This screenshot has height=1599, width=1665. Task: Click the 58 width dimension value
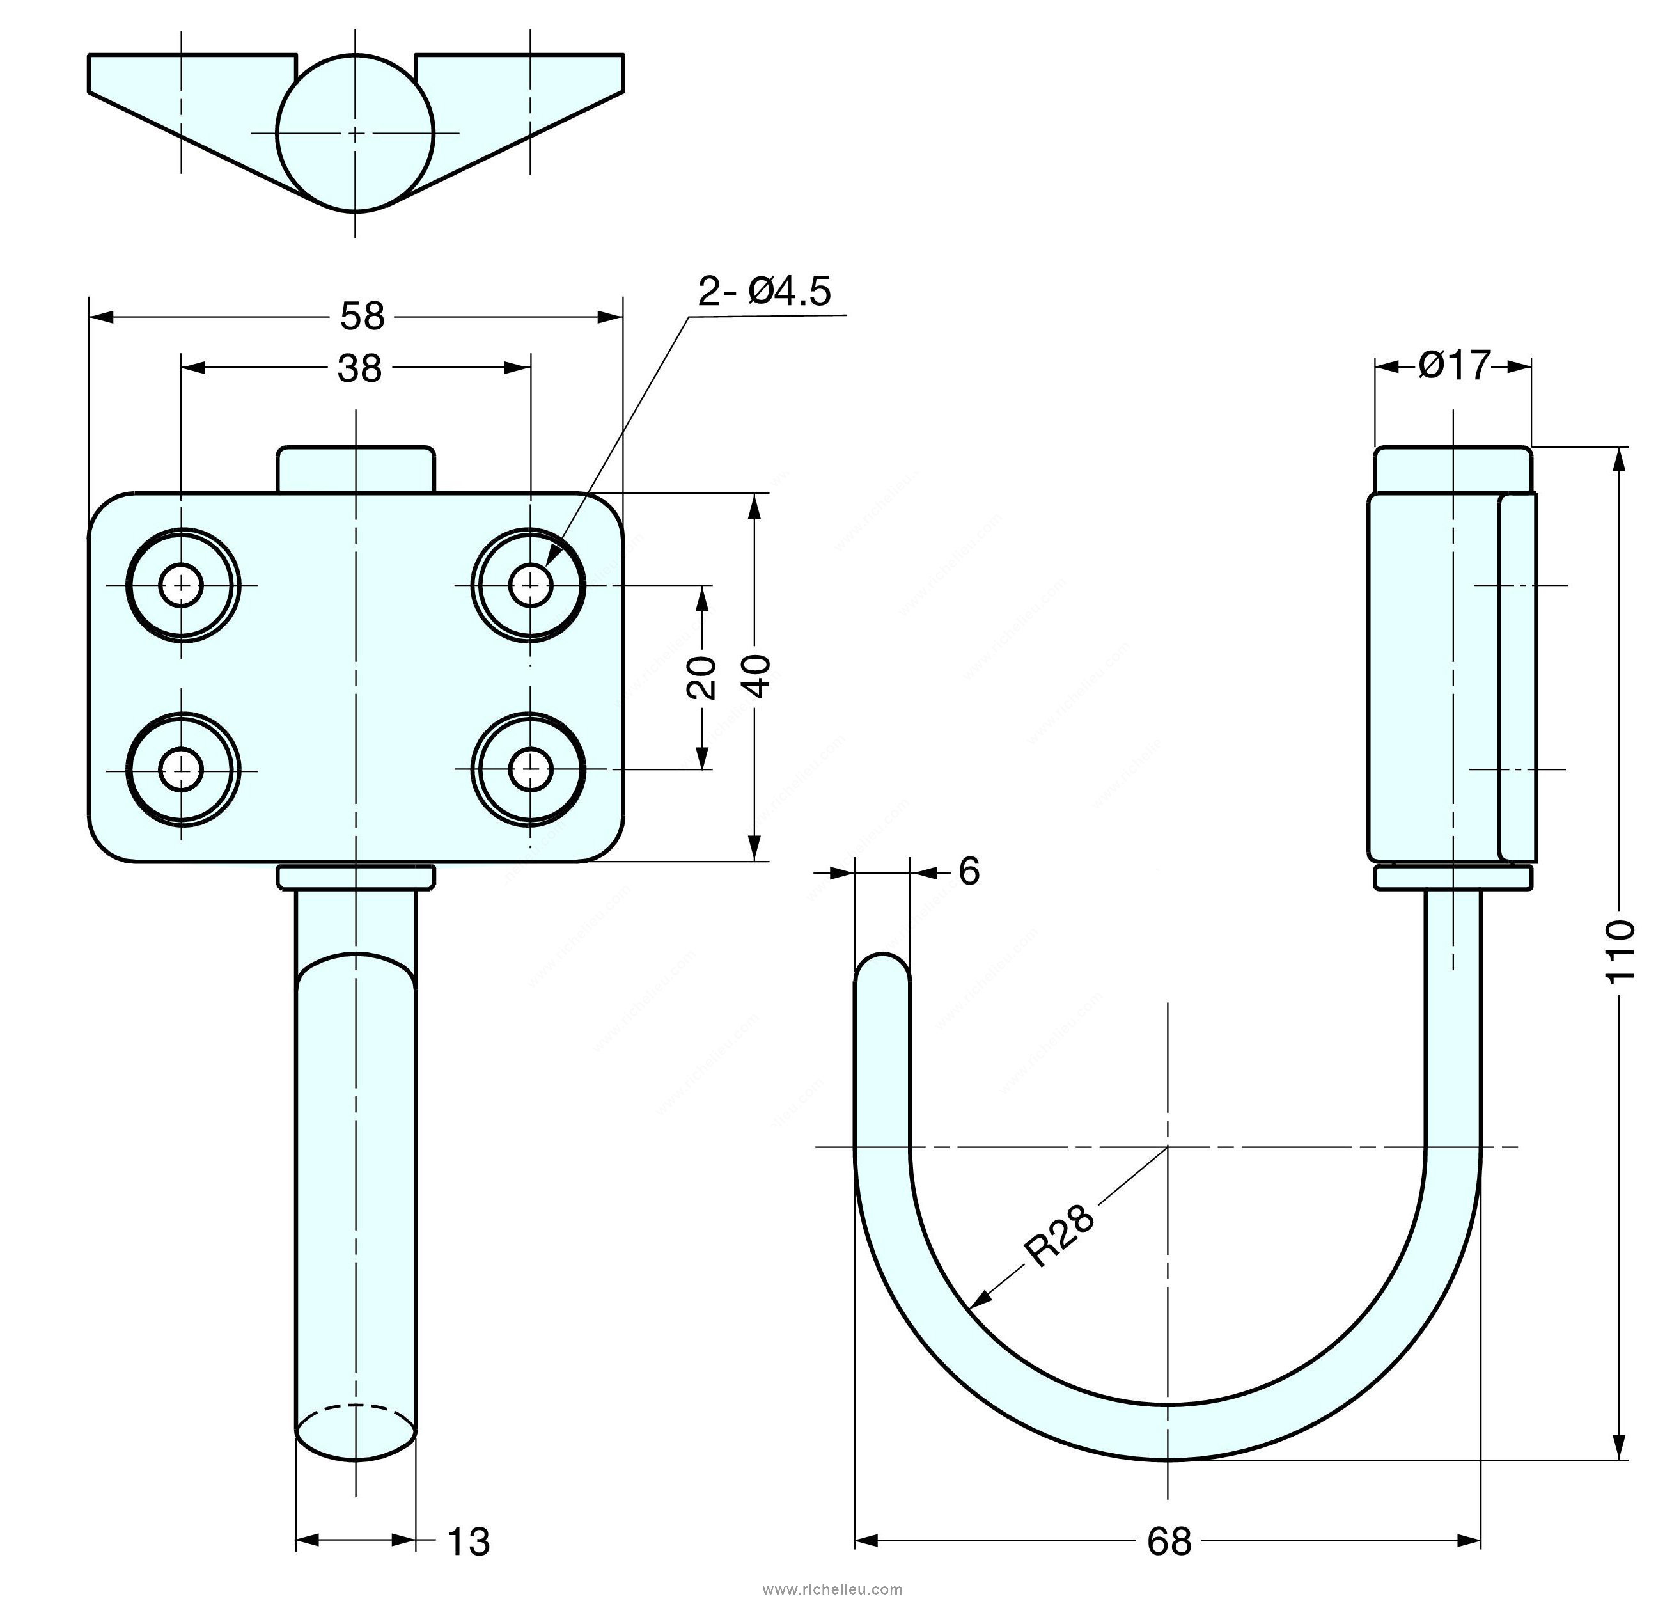coord(363,317)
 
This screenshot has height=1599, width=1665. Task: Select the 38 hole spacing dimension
coord(359,369)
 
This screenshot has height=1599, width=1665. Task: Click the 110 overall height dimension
coord(1621,950)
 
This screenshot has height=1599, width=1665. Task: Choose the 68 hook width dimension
coord(1169,1540)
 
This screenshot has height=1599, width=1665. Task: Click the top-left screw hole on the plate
coord(182,585)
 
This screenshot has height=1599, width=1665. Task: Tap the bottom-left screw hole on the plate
coord(182,770)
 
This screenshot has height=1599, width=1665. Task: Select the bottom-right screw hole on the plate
coord(531,770)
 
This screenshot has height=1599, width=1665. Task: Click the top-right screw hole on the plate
coord(531,585)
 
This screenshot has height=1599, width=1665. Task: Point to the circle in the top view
coord(355,132)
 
